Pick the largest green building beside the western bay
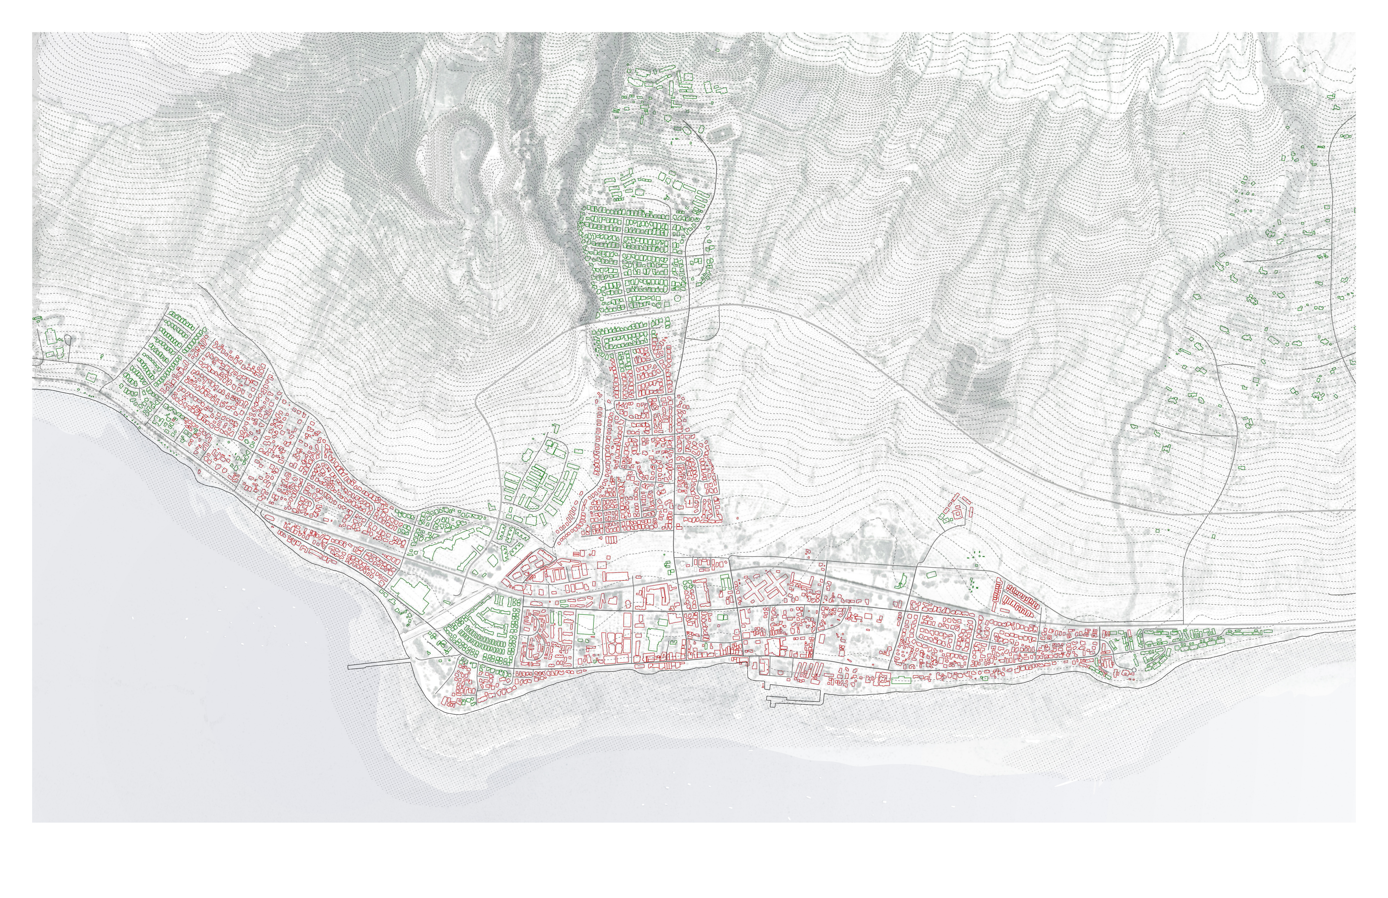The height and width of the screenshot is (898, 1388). [411, 592]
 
